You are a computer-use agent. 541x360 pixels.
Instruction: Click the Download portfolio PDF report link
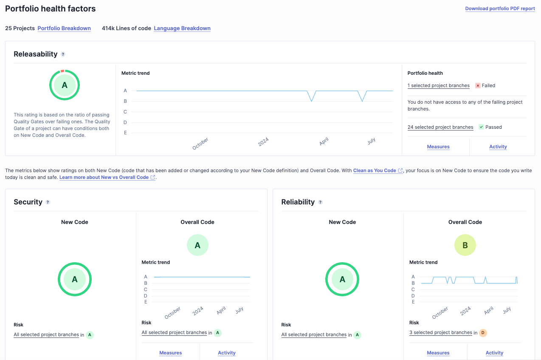click(x=500, y=9)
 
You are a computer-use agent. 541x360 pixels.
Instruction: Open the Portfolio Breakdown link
click(x=64, y=28)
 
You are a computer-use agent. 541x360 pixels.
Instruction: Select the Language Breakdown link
click(x=182, y=28)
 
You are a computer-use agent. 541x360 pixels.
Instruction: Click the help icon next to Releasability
click(x=63, y=54)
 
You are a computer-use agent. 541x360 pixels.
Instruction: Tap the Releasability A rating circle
click(x=65, y=85)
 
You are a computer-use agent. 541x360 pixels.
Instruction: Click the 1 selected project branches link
click(x=438, y=85)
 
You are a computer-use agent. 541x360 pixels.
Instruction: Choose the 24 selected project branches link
click(x=440, y=127)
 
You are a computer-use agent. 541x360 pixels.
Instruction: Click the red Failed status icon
click(x=478, y=85)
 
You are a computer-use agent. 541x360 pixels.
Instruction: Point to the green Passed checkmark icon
click(x=481, y=127)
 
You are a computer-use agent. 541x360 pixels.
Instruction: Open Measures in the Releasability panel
click(x=438, y=147)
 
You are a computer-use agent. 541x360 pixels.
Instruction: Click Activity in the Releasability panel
click(x=498, y=147)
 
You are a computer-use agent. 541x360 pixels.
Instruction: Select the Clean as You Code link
click(x=375, y=170)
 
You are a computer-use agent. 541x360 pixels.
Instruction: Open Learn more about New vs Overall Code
click(x=104, y=177)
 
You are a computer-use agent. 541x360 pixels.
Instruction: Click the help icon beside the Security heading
click(x=48, y=202)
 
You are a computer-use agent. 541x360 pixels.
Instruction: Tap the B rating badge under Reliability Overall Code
click(x=465, y=245)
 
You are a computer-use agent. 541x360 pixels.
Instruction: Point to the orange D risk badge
click(x=482, y=333)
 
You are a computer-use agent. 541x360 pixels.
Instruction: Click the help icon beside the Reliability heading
click(x=320, y=202)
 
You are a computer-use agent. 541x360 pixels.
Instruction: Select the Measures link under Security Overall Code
click(x=170, y=353)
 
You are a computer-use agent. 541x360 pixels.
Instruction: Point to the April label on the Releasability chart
click(x=324, y=142)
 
